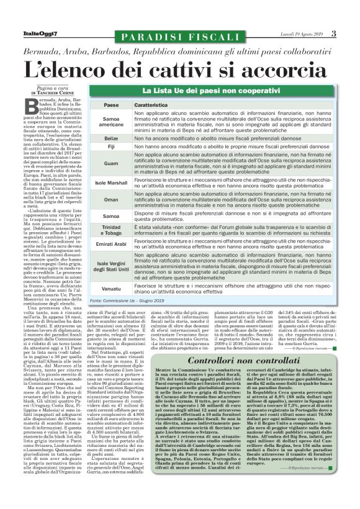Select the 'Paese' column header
coord(111,106)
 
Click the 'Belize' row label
coord(111,138)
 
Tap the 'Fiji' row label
coord(111,147)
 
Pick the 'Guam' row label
coord(111,163)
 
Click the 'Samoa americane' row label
coord(111,122)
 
